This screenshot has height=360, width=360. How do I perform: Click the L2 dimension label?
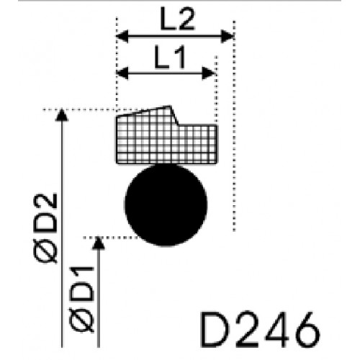(x=177, y=19)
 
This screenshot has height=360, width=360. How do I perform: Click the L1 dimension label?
(x=170, y=57)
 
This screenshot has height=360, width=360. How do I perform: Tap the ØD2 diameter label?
(x=45, y=228)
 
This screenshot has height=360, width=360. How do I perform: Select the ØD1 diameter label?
(x=81, y=300)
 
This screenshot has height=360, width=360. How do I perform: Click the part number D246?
(x=260, y=330)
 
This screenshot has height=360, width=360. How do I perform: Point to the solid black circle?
(x=166, y=204)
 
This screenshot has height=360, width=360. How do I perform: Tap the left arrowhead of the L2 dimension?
(x=122, y=36)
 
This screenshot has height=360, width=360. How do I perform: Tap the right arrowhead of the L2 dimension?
(x=228, y=36)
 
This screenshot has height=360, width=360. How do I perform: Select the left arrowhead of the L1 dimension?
(x=122, y=73)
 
